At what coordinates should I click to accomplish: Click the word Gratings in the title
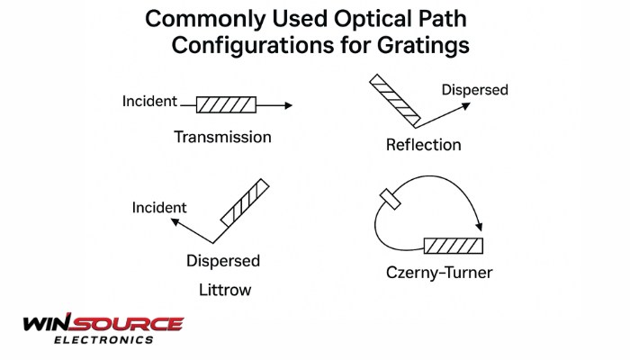click(423, 46)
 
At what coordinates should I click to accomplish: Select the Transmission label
click(222, 137)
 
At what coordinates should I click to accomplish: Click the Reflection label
click(424, 145)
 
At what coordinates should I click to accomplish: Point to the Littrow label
click(225, 290)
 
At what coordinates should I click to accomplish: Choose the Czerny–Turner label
click(439, 273)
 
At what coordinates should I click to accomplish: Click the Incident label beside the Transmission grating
click(149, 101)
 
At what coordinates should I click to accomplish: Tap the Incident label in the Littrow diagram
click(159, 207)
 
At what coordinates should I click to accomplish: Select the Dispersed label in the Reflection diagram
click(475, 90)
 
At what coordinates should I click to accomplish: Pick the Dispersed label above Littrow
click(223, 261)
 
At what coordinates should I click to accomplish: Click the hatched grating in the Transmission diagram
click(226, 105)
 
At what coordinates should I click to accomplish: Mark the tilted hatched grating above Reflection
click(395, 100)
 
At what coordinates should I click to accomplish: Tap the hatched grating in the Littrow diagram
click(245, 202)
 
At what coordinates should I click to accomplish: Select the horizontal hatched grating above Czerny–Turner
click(454, 246)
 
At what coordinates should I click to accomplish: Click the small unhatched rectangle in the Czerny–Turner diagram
click(390, 199)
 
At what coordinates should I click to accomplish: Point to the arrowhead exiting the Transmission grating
click(289, 105)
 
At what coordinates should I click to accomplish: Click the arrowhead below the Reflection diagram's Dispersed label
click(466, 106)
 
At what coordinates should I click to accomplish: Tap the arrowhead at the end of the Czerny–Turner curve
click(479, 227)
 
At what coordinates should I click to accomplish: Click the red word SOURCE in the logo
click(129, 324)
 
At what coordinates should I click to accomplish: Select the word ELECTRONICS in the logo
click(103, 340)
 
